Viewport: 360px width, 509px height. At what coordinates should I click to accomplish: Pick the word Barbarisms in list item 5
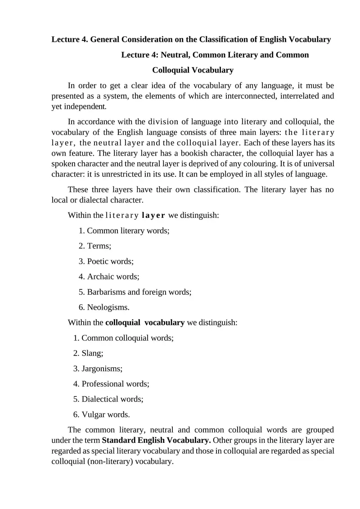coord(106,292)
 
